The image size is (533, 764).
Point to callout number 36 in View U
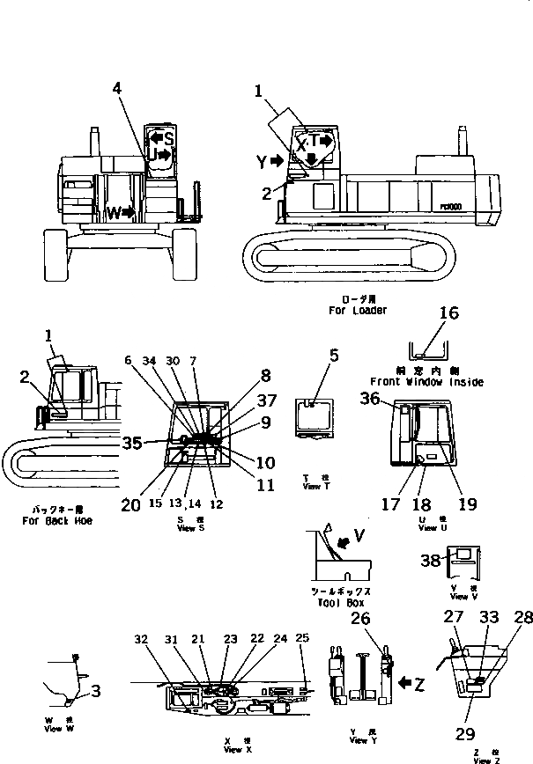coord(371,399)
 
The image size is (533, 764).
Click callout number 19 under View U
coord(467,504)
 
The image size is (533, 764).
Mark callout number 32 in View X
coord(142,639)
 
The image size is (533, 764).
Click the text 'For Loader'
coord(358,310)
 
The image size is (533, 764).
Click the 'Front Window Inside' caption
coord(426,382)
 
